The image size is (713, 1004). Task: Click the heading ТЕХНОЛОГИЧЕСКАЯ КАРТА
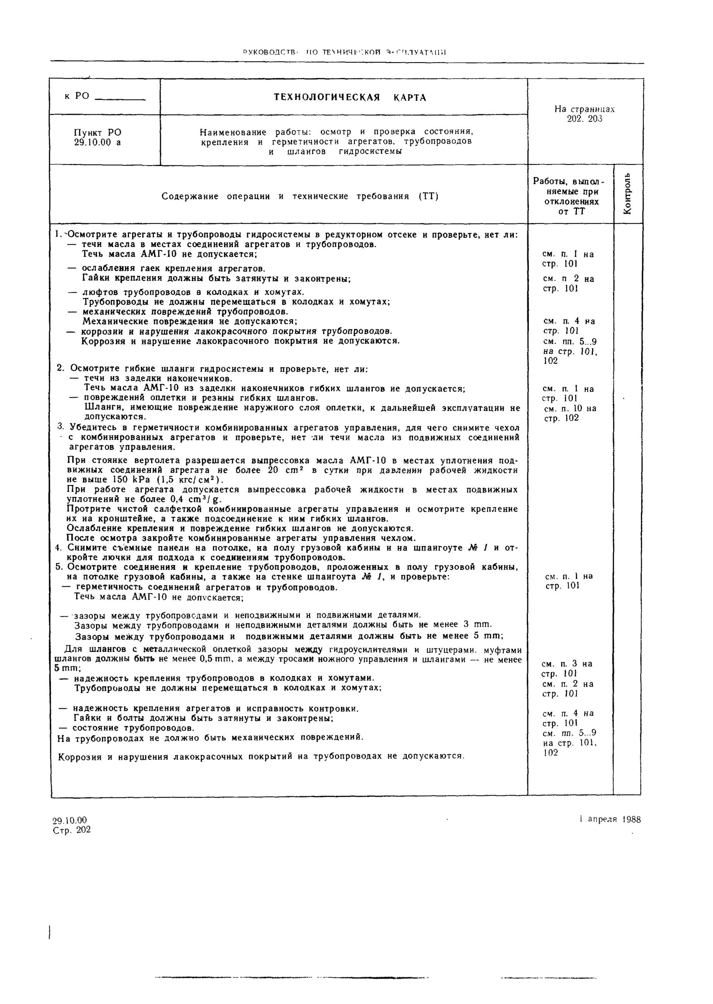click(x=350, y=97)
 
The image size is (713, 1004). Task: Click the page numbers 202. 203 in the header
click(x=584, y=119)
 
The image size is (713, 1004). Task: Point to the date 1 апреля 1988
click(x=610, y=819)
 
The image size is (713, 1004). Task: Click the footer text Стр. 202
click(x=71, y=829)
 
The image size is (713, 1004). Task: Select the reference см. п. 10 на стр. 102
click(x=569, y=413)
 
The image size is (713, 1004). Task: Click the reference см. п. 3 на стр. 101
click(x=567, y=668)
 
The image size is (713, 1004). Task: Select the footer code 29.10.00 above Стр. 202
click(x=70, y=820)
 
